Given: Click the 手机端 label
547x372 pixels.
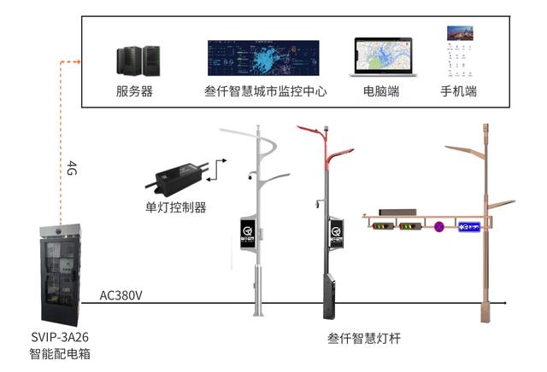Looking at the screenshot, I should pyautogui.click(x=458, y=91).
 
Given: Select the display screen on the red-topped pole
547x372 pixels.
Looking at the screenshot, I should pyautogui.click(x=337, y=231).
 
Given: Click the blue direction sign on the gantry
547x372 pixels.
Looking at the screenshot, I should pyautogui.click(x=470, y=227).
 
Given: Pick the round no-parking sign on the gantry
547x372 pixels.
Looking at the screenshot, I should pyautogui.click(x=439, y=227).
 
